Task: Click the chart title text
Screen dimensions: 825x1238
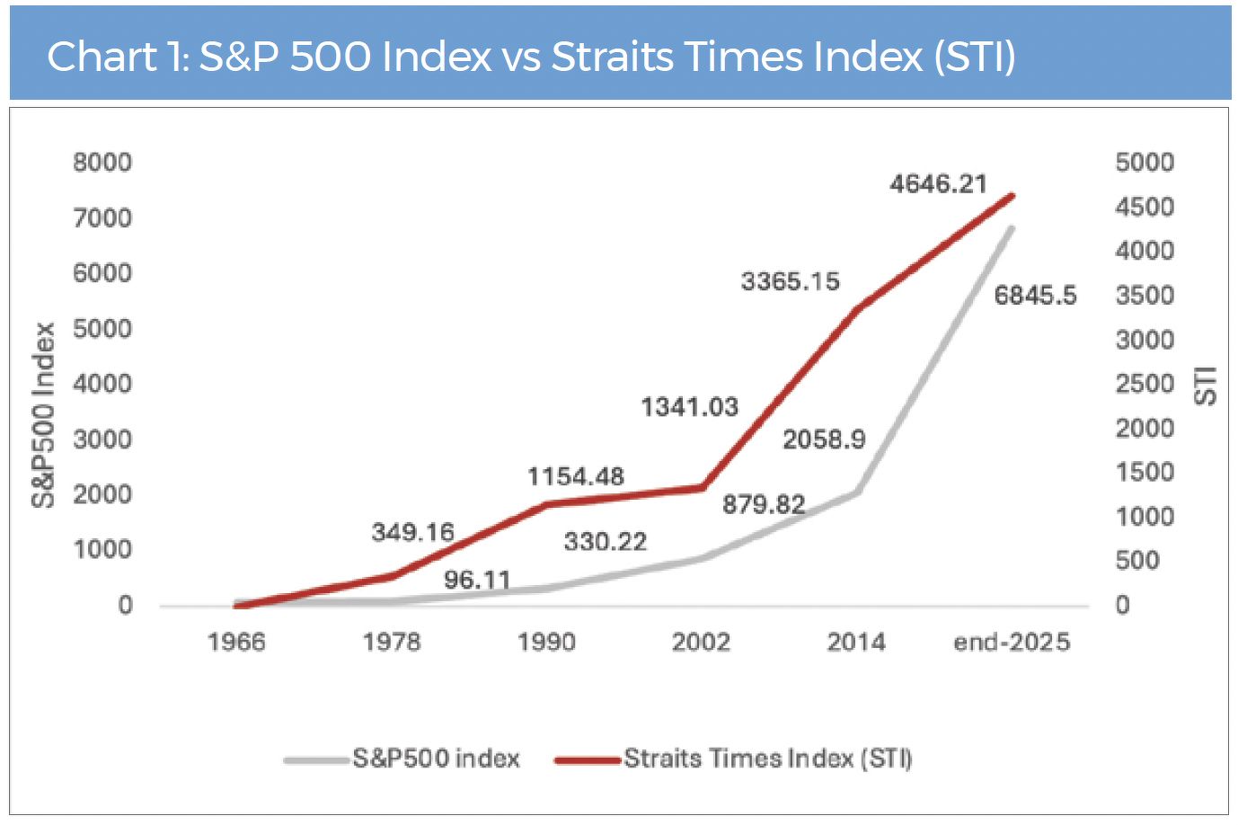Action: pyautogui.click(x=531, y=57)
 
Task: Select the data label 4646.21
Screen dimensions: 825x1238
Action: pyautogui.click(x=938, y=184)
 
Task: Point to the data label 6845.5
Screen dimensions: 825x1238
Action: pyautogui.click(x=1035, y=296)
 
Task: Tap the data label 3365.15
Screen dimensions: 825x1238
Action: pyautogui.click(x=790, y=282)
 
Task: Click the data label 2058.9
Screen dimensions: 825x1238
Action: pyautogui.click(x=824, y=439)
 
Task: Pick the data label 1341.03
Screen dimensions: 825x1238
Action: pyautogui.click(x=689, y=408)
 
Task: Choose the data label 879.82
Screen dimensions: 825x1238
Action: pyautogui.click(x=764, y=504)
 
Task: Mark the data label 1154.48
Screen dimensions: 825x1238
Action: pyautogui.click(x=575, y=476)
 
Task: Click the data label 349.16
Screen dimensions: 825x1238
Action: pyautogui.click(x=413, y=532)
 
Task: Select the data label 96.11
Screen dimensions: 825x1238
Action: pyautogui.click(x=477, y=580)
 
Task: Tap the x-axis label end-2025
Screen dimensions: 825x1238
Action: pyautogui.click(x=1012, y=642)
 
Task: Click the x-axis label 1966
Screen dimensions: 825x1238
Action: pyautogui.click(x=236, y=642)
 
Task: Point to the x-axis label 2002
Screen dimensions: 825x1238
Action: pyautogui.click(x=701, y=642)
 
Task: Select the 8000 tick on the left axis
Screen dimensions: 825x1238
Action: pyautogui.click(x=102, y=163)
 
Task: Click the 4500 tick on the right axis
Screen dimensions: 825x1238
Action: pyautogui.click(x=1145, y=207)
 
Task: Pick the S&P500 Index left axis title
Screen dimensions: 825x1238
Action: pyautogui.click(x=43, y=415)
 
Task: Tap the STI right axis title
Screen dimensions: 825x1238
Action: pyautogui.click(x=1206, y=385)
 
